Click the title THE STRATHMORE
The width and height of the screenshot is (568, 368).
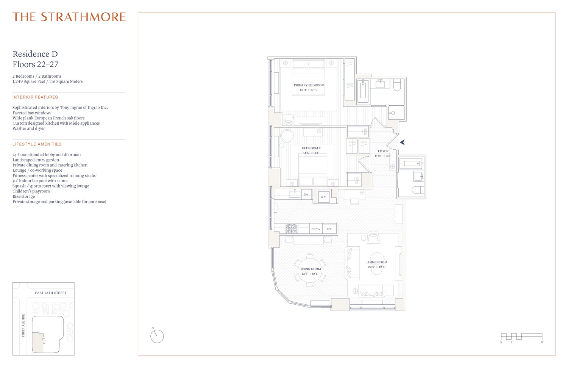point(69,17)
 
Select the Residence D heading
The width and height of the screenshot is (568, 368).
point(35,54)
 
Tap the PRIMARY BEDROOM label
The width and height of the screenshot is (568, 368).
point(309,85)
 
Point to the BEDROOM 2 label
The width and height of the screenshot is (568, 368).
point(311,148)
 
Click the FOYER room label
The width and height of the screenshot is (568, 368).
point(383,151)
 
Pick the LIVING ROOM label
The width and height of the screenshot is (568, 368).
point(377,262)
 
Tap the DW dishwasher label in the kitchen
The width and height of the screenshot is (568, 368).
point(306,195)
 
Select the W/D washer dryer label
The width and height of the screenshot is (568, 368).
point(323,197)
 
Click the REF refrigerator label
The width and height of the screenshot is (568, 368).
point(329,229)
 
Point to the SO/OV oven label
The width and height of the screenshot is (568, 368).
point(316,229)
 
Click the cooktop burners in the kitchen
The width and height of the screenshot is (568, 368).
point(292,228)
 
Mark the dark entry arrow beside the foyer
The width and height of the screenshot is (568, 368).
point(402,142)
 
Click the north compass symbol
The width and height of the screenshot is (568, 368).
point(157,336)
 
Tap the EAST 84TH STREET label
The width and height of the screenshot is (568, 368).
point(51,293)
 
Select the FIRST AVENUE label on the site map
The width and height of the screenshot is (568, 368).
point(23,325)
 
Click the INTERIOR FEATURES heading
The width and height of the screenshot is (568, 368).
point(35,97)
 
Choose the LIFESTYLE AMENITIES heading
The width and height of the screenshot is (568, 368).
point(37,144)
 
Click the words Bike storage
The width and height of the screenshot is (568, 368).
point(23,197)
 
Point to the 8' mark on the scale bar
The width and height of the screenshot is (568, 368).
point(542,342)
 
